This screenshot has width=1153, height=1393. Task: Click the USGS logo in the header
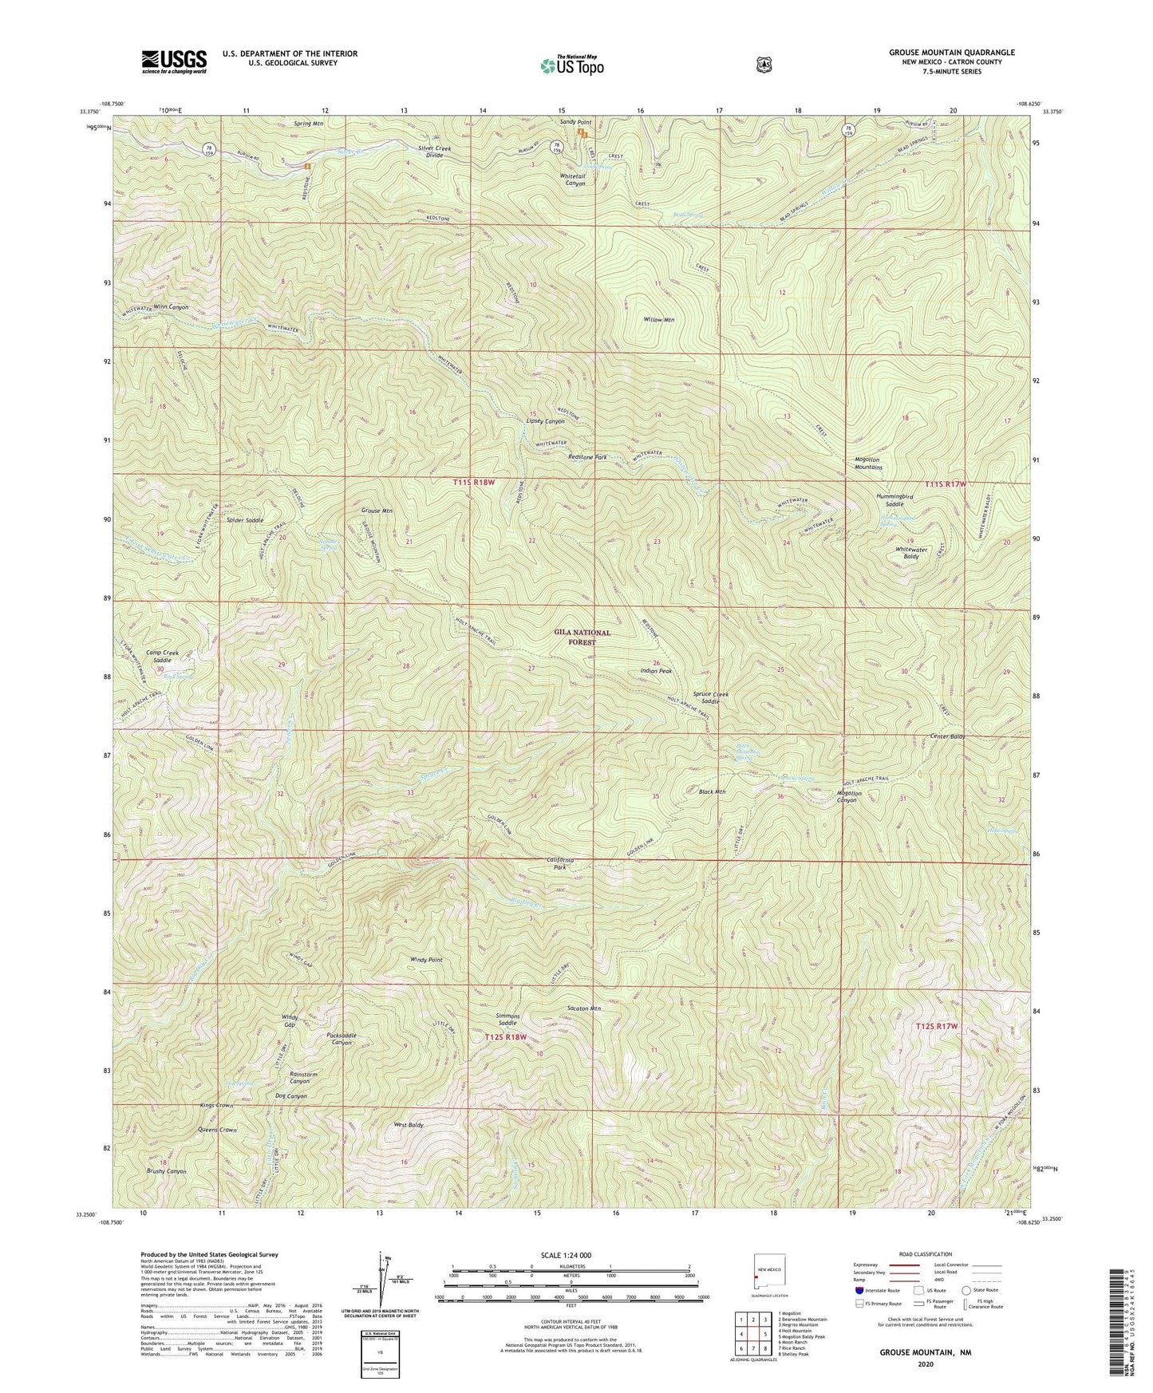[x=174, y=61]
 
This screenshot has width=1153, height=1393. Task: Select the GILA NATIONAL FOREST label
[x=582, y=637]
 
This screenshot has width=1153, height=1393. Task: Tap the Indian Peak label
[x=656, y=671]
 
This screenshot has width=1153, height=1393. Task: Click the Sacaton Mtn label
[x=583, y=1008]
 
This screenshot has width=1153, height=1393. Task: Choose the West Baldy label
[x=409, y=1125]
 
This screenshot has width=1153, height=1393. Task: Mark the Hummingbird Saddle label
[x=894, y=500]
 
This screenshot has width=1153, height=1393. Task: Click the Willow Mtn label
[x=659, y=320]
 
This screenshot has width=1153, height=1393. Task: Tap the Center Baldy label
[x=948, y=736]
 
